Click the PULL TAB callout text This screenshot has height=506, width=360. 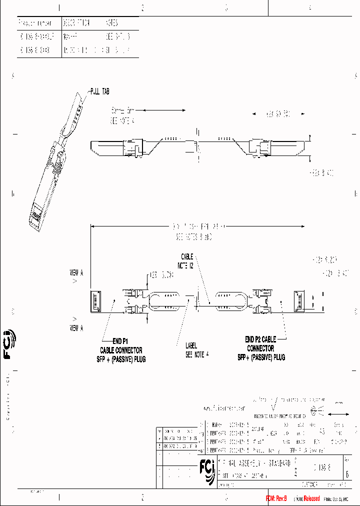click(99, 91)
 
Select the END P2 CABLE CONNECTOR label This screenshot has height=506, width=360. click(261, 348)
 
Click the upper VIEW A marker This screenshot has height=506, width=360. click(76, 273)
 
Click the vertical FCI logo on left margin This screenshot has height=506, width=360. click(9, 344)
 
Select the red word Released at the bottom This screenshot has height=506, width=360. click(308, 499)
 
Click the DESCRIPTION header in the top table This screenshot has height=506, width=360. click(76, 23)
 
